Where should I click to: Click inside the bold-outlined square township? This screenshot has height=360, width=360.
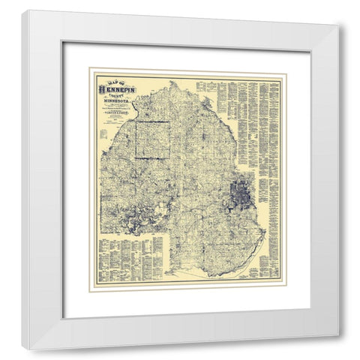click(152, 139)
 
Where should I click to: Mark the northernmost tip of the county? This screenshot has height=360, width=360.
click(175, 82)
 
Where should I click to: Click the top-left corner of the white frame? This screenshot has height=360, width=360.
click(23, 12)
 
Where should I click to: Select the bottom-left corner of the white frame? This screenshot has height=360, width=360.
click(23, 349)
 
